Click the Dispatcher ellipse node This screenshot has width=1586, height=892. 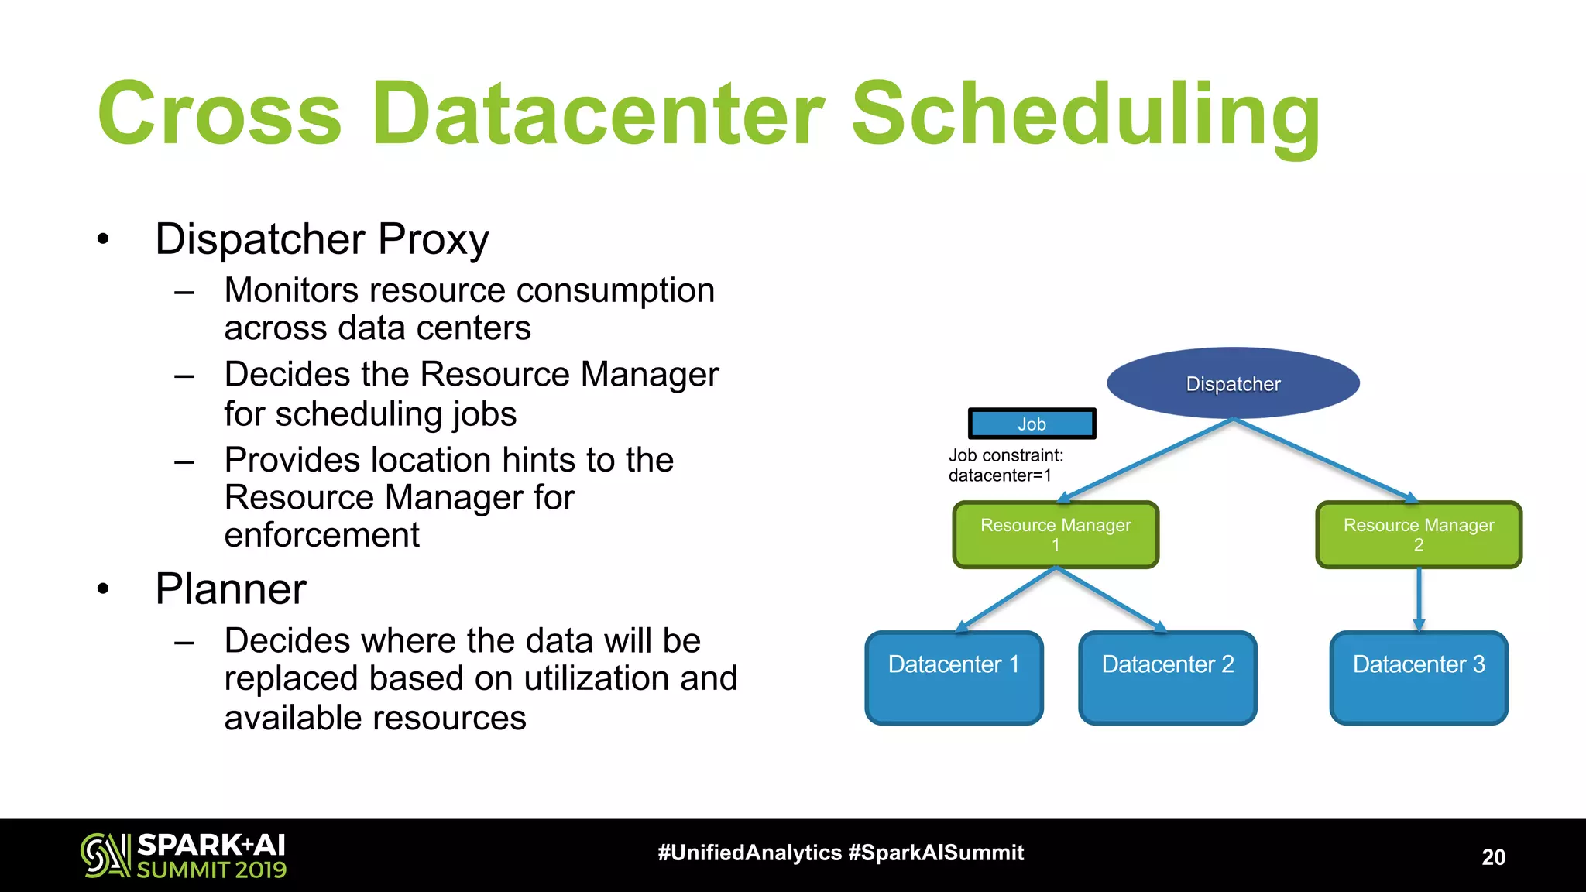pos(1233,383)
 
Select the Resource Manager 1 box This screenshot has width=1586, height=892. pos(1056,534)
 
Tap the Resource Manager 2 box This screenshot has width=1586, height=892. pos(1418,534)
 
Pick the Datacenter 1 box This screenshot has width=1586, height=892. pos(953,678)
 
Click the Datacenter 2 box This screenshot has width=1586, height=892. pos(1167,678)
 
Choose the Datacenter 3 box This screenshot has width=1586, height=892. pos(1418,678)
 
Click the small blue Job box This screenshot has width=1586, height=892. pos(1032,424)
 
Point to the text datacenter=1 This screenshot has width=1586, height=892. pos(1000,475)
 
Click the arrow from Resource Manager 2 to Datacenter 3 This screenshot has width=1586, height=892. pos(1419,598)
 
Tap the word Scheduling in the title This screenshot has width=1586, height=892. pos(1086,114)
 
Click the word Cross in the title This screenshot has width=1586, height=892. pos(219,114)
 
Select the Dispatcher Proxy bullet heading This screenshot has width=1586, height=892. pos(321,238)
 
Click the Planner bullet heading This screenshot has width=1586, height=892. pos(231,588)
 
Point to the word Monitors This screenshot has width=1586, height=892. pos(291,290)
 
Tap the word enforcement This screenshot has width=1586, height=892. pos(321,535)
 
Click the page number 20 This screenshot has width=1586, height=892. pos(1493,856)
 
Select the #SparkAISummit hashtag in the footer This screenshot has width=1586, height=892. pos(935,853)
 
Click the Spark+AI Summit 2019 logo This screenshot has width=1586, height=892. pos(184,855)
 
